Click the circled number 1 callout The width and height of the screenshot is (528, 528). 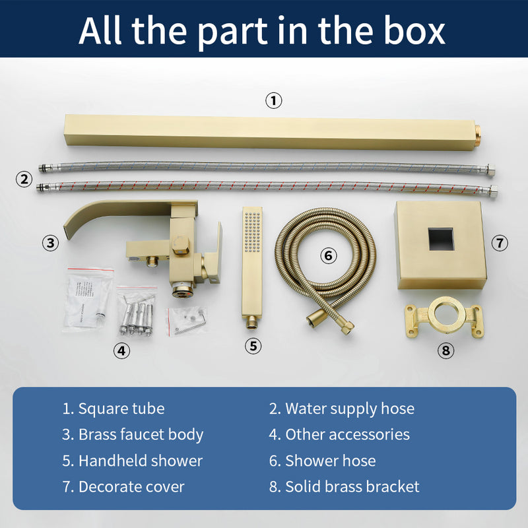(x=273, y=101)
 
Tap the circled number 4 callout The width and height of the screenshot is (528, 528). (x=121, y=350)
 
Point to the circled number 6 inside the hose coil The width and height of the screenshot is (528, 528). (x=328, y=255)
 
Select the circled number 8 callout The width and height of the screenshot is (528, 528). (x=445, y=350)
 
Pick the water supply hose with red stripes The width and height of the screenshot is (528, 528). (x=267, y=188)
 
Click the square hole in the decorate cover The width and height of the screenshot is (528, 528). (x=441, y=239)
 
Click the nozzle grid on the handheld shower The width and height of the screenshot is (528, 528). (x=252, y=232)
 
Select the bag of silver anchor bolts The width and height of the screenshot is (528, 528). (x=137, y=312)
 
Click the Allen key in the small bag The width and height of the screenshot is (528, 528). (x=191, y=323)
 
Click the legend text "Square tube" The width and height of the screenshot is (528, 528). (x=121, y=409)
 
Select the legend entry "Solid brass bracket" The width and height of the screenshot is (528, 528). (x=344, y=486)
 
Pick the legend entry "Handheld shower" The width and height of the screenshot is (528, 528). (x=133, y=460)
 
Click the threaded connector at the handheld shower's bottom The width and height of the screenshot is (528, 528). (x=251, y=322)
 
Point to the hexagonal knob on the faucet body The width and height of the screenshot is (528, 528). (x=181, y=245)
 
